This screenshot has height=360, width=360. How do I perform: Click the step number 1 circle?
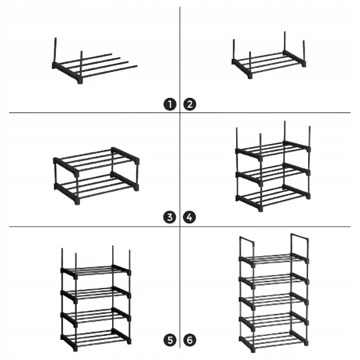(x=169, y=104)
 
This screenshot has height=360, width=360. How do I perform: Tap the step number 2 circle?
(x=190, y=104)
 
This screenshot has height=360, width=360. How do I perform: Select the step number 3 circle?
(x=169, y=217)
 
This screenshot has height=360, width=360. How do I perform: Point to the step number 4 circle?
(x=190, y=217)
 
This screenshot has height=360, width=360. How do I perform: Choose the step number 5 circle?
(x=170, y=340)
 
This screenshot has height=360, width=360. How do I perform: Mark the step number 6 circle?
(x=190, y=340)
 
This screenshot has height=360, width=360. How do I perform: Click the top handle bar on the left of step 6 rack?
(x=247, y=240)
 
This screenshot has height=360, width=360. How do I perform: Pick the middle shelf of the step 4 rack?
(x=273, y=173)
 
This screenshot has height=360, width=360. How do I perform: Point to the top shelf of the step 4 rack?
(x=273, y=150)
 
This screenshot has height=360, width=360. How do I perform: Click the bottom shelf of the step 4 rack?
(x=273, y=197)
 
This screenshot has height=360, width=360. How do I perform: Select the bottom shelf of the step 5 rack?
(x=96, y=339)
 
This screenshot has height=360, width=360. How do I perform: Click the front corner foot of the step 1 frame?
(x=80, y=81)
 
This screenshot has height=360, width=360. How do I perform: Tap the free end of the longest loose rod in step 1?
(x=136, y=66)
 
